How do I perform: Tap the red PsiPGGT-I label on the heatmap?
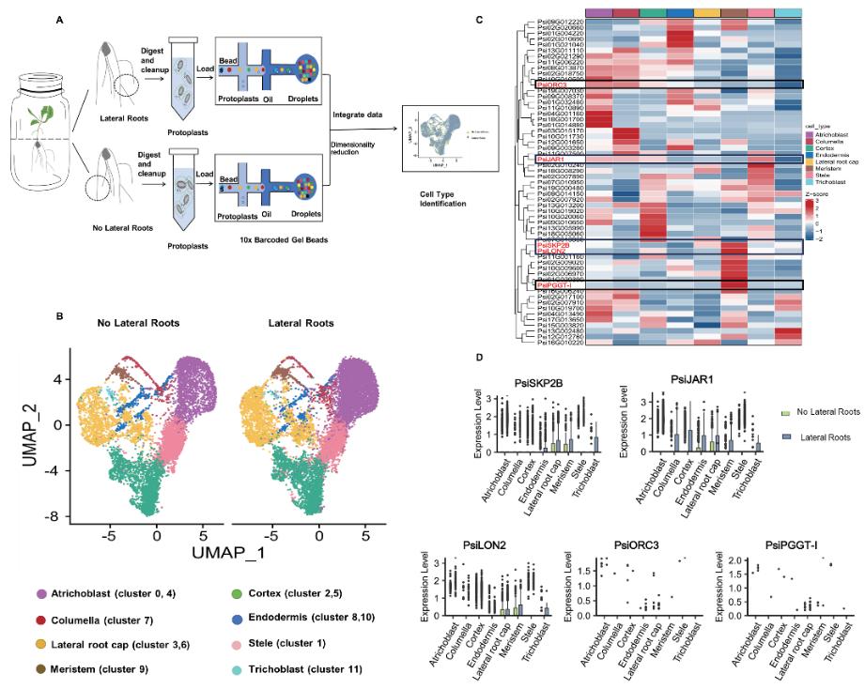pos(552,284)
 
